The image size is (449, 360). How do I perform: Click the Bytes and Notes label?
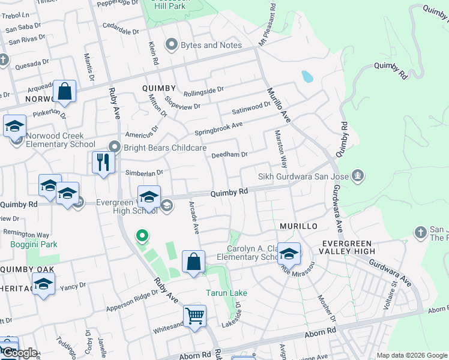[x=211, y=45]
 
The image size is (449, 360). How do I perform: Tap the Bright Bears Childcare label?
[x=165, y=148]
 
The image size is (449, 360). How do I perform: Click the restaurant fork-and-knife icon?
[x=103, y=162]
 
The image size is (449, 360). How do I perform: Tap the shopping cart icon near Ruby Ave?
[x=195, y=316]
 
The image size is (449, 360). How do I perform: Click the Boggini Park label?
[x=34, y=244]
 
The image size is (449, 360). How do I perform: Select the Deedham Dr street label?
[x=229, y=155]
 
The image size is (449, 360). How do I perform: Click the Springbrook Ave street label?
[x=218, y=128]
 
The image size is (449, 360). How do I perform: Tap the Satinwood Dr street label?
[x=252, y=107]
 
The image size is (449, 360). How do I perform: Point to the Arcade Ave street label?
[x=194, y=217]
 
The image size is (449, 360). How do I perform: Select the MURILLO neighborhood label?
[x=298, y=226]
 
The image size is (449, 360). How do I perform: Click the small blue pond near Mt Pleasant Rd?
[x=307, y=76]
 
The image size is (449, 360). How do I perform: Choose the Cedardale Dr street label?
[x=121, y=28]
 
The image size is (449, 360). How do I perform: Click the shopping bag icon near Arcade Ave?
[x=194, y=262]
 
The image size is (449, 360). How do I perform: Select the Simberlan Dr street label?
[x=144, y=173]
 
